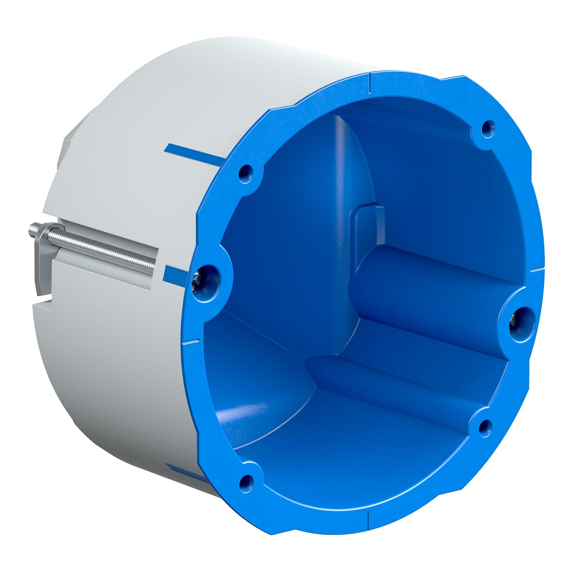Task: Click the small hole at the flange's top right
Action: [488, 129]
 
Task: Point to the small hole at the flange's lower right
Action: [484, 426]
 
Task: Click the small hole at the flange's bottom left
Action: [246, 482]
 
